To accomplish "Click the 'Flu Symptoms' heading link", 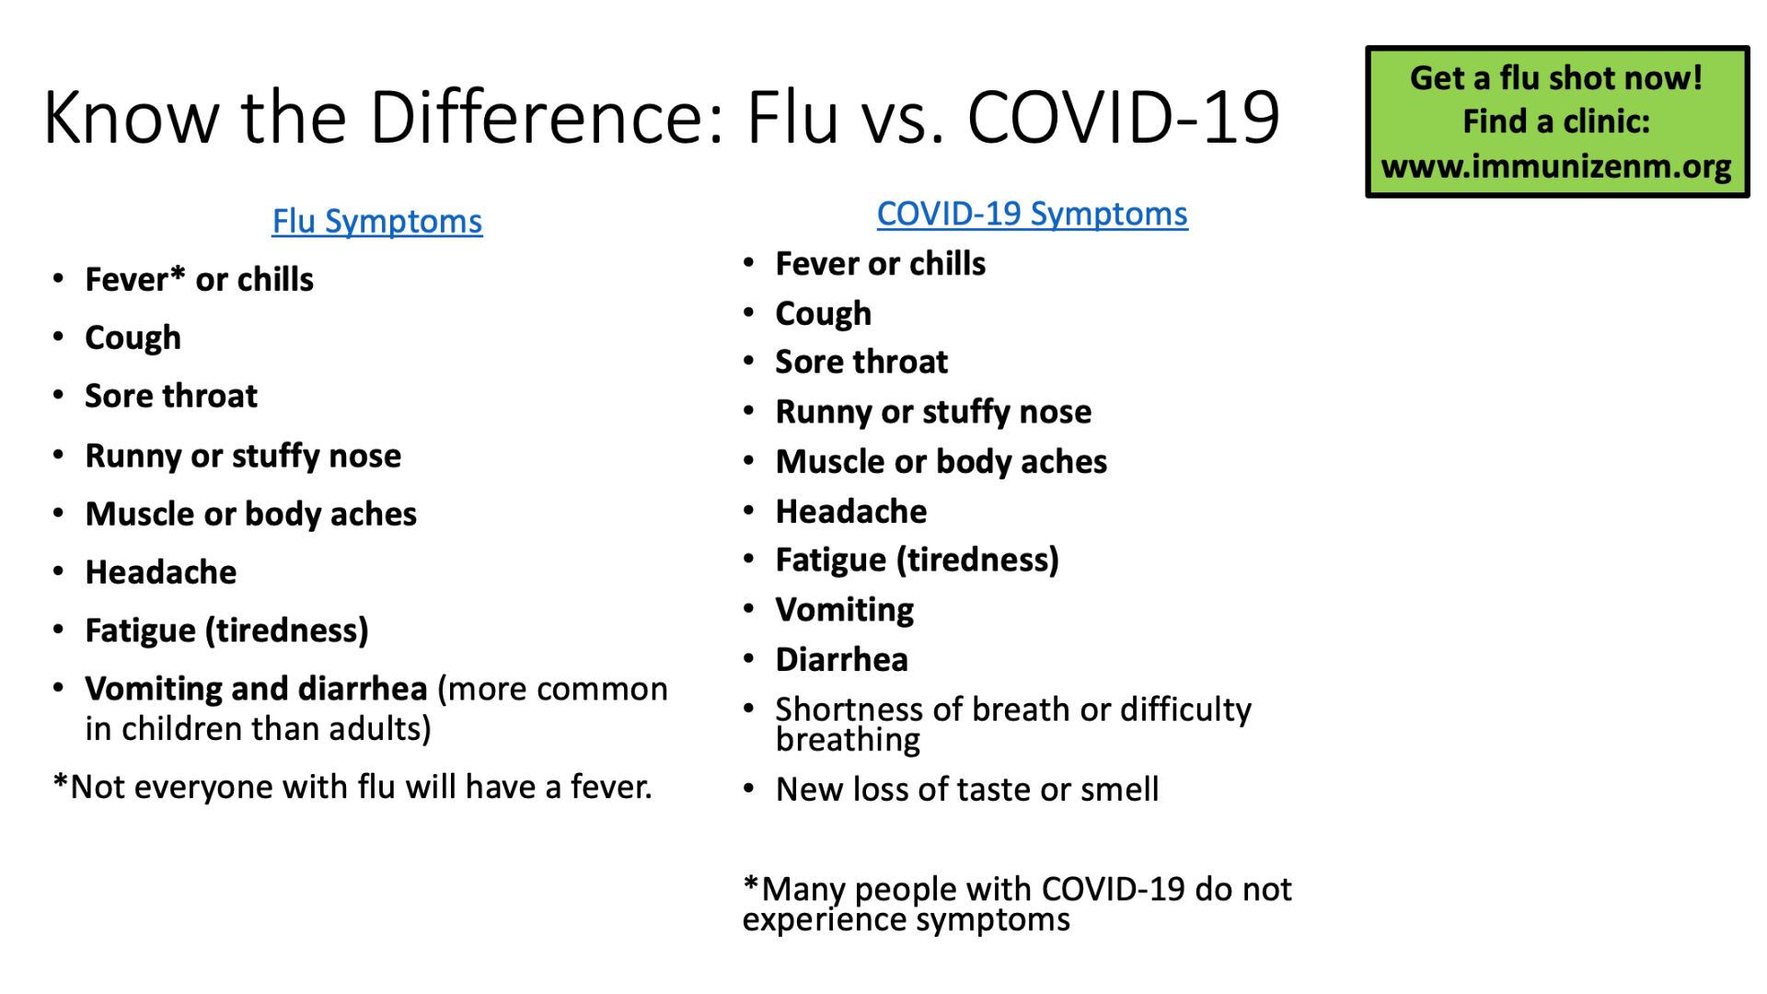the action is click(x=376, y=222).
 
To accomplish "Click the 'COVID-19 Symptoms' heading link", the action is click(x=1032, y=214).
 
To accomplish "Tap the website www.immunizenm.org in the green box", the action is click(x=1556, y=167).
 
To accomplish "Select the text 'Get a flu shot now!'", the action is click(x=1556, y=78).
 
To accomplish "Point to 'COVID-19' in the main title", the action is click(x=1124, y=118).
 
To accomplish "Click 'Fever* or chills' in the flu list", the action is click(x=199, y=280).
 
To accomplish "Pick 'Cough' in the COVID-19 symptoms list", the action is click(x=824, y=315).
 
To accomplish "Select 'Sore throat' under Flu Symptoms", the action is click(x=171, y=396).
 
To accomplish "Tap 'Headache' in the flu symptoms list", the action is click(x=161, y=572).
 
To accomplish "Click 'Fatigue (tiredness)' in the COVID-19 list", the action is click(x=918, y=561).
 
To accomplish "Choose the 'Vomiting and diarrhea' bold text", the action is click(x=256, y=688).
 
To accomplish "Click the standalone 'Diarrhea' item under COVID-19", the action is click(x=842, y=660).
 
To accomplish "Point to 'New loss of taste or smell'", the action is click(x=967, y=790).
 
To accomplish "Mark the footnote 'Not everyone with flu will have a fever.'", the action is click(x=352, y=788).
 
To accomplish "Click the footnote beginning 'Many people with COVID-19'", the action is click(x=1017, y=905).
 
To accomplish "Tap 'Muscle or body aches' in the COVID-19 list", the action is click(x=941, y=462).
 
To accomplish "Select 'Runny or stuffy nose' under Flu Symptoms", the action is click(x=243, y=457).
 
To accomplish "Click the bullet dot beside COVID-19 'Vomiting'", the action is click(x=749, y=608).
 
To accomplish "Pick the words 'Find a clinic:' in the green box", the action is click(x=1556, y=121).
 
